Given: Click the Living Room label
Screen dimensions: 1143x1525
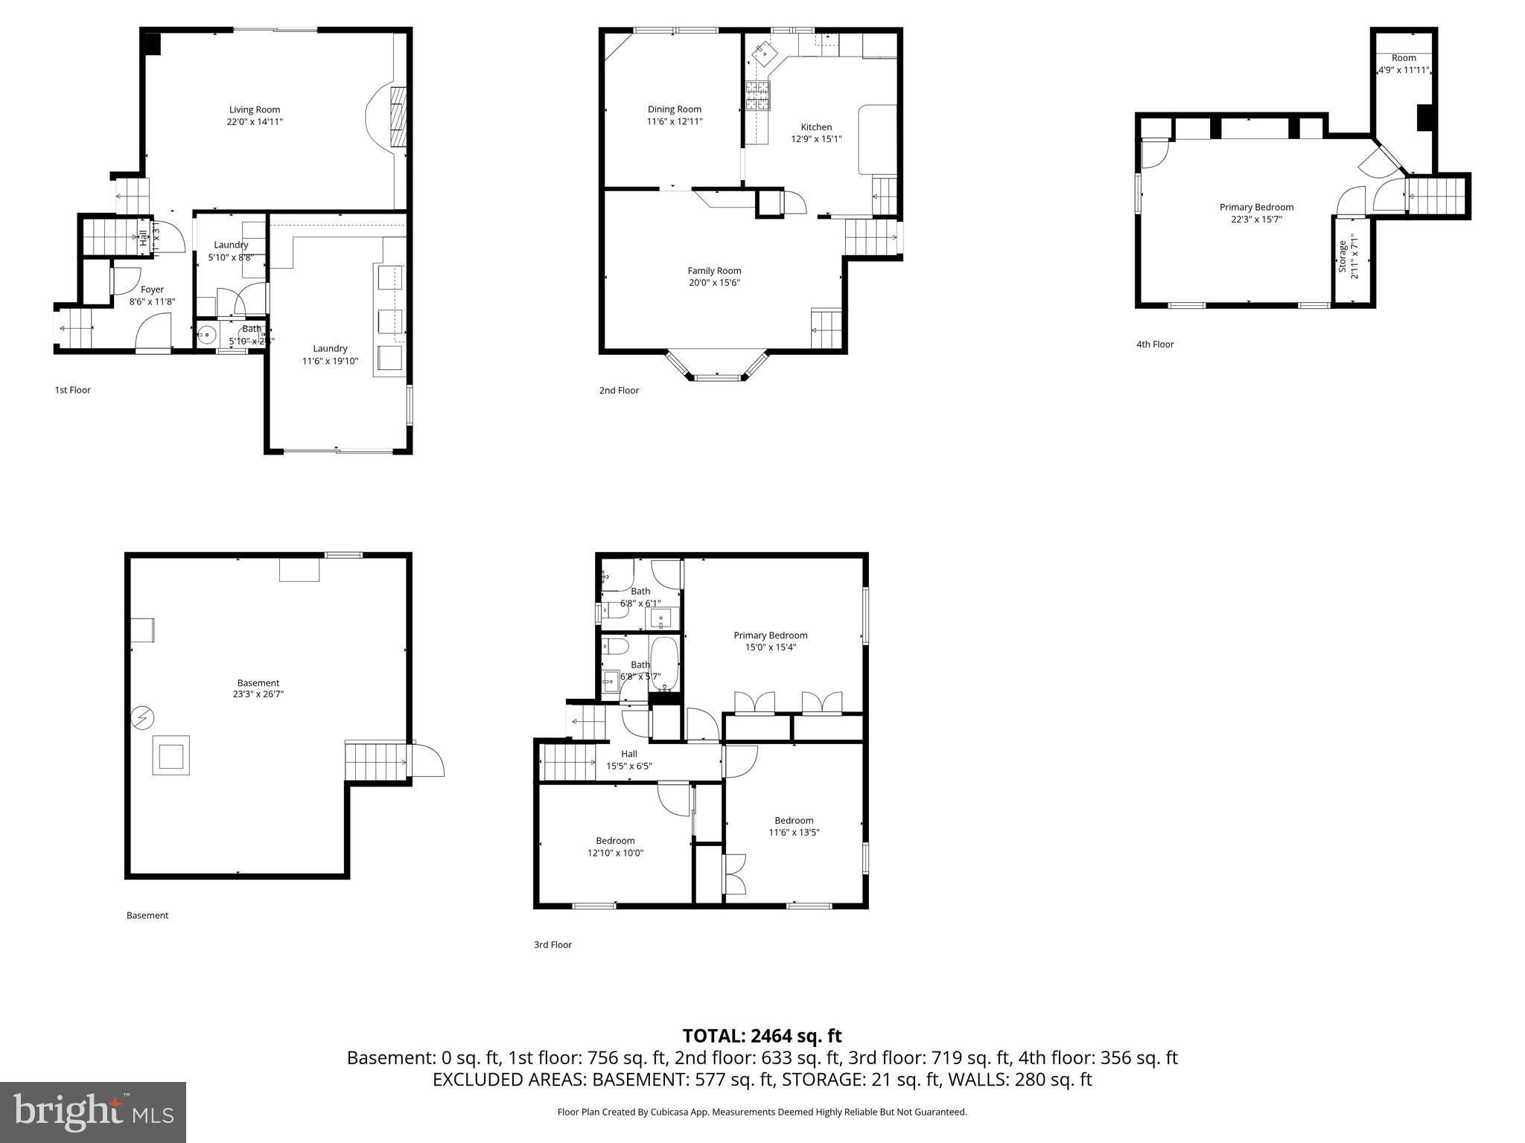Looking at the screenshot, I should pyautogui.click(x=255, y=109).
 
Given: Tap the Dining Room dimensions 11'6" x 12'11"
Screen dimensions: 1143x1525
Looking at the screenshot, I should pyautogui.click(x=674, y=121).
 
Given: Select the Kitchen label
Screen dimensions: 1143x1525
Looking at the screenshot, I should pyautogui.click(x=816, y=127).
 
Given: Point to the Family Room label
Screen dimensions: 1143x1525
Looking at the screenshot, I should pyautogui.click(x=714, y=271).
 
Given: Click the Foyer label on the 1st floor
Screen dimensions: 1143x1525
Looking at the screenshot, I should pyautogui.click(x=152, y=289).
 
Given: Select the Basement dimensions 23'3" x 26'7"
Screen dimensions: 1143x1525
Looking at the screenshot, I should pyautogui.click(x=258, y=694).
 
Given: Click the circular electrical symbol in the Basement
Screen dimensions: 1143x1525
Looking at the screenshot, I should pyautogui.click(x=141, y=718).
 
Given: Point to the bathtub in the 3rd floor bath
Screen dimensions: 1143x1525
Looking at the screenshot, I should pyautogui.click(x=663, y=662).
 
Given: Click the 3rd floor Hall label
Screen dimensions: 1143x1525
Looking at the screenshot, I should pyautogui.click(x=629, y=754).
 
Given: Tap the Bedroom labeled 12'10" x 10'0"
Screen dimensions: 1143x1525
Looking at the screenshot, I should pyautogui.click(x=615, y=847).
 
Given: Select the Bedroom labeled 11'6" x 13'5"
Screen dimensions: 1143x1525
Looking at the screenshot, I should pyautogui.click(x=794, y=827).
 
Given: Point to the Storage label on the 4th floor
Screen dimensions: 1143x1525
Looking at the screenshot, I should pyautogui.click(x=1343, y=257).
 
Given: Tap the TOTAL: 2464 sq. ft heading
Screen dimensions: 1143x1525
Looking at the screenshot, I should pyautogui.click(x=762, y=1035).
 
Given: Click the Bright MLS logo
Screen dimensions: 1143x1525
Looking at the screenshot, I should pyautogui.click(x=93, y=1112).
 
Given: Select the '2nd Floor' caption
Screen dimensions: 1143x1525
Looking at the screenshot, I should pyautogui.click(x=619, y=390).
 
